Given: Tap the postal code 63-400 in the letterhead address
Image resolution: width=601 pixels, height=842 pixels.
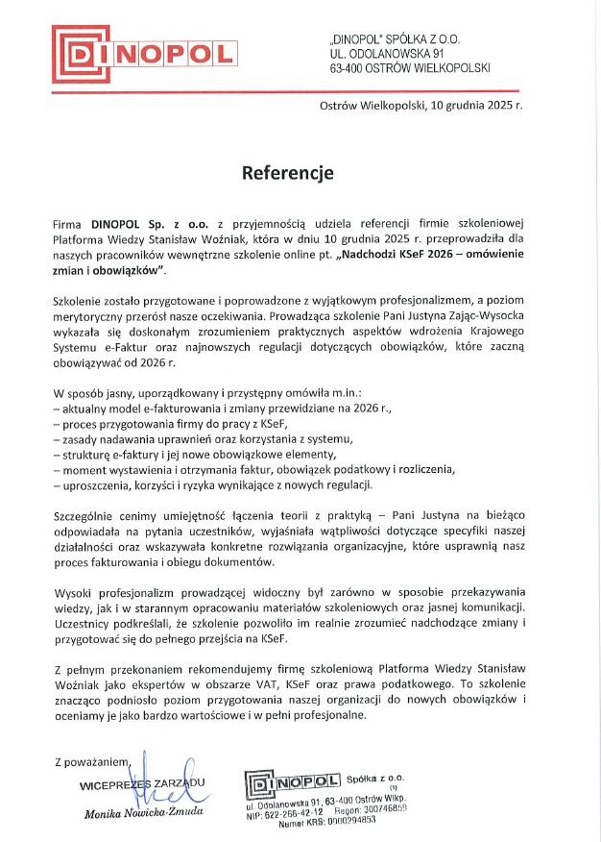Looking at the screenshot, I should (349, 69).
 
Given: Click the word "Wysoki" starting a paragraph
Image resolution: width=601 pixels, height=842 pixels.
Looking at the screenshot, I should (73, 592).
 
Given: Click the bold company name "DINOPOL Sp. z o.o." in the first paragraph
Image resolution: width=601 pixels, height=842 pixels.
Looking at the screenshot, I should (144, 223).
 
